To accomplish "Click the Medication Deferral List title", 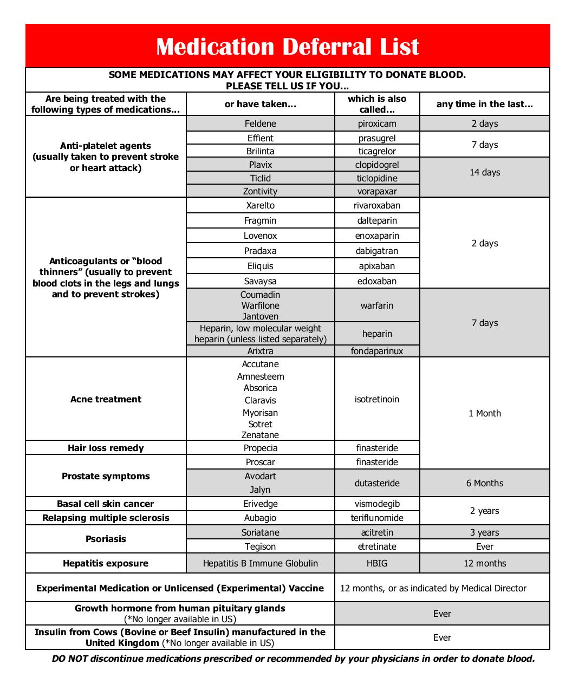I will tap(287, 47).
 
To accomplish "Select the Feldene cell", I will tap(260, 123).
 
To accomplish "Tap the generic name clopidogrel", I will tap(377, 165).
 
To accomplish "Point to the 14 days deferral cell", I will tap(485, 172).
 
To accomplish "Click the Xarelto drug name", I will tap(260, 205).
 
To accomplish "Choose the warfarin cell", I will tap(377, 305).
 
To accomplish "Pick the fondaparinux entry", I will tap(377, 351).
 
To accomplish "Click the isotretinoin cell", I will tap(377, 399).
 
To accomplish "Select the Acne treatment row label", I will tap(106, 399).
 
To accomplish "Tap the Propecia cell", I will tap(260, 448).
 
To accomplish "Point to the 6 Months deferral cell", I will tap(485, 483).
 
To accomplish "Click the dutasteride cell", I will tap(377, 483).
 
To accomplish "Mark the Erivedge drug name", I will tap(260, 504).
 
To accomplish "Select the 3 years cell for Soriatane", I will tap(485, 532).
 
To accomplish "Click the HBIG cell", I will tap(377, 563).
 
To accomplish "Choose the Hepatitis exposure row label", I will tap(106, 563).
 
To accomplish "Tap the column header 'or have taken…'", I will tap(260, 104).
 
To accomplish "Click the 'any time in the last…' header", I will tap(485, 104).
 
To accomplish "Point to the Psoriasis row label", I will tap(106, 539).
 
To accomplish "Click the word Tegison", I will tap(260, 546).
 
